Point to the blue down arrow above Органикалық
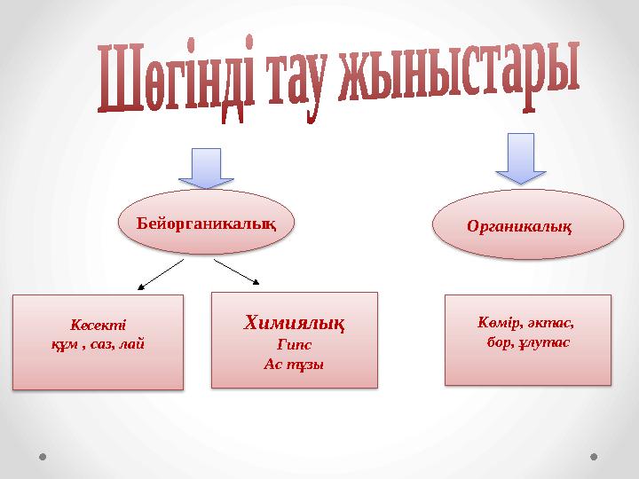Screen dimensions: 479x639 [520, 156]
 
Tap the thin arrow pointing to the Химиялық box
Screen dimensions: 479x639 [237, 271]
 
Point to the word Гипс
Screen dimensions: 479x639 [294, 345]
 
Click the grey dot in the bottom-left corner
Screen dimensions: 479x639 [43, 457]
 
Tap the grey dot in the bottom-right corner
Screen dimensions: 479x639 [594, 457]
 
